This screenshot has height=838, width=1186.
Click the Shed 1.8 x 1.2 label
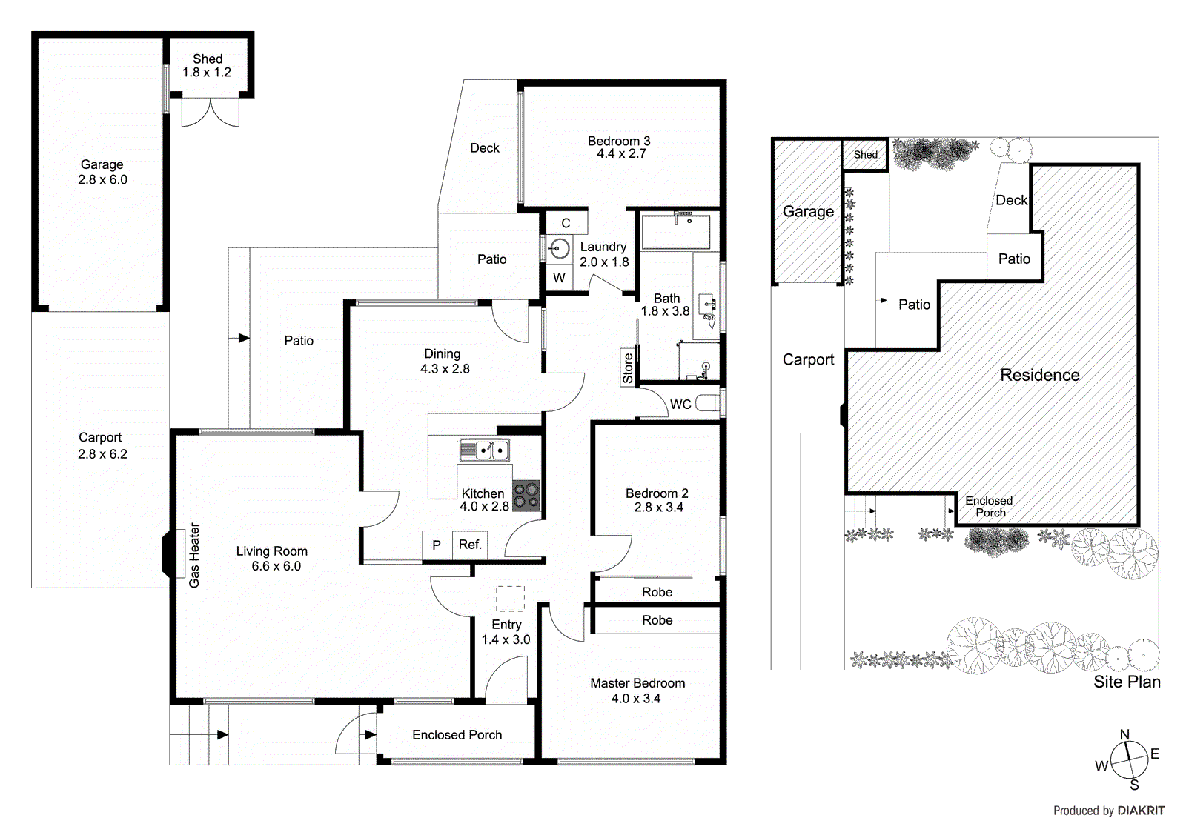pyautogui.click(x=207, y=66)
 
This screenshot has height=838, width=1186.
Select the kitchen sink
pyautogui.click(x=484, y=450)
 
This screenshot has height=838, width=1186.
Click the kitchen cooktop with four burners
pyautogui.click(x=526, y=496)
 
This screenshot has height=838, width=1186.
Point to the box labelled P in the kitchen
pyautogui.click(x=437, y=545)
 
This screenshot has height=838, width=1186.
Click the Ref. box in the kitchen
pyautogui.click(x=470, y=545)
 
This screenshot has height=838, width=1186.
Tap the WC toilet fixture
pyautogui.click(x=707, y=404)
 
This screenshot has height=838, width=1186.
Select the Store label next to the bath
pyautogui.click(x=628, y=368)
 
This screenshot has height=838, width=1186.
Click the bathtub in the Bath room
pyautogui.click(x=675, y=232)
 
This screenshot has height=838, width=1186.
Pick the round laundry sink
pyautogui.click(x=559, y=249)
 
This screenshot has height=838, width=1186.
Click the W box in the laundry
pyautogui.click(x=559, y=278)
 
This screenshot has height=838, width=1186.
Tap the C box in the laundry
pyautogui.click(x=566, y=223)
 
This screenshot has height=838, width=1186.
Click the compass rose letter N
pyautogui.click(x=1124, y=735)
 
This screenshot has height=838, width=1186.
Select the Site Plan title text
pyautogui.click(x=1127, y=682)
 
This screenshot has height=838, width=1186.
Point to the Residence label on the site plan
pyautogui.click(x=1039, y=375)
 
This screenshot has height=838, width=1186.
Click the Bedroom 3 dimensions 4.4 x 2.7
pyautogui.click(x=621, y=154)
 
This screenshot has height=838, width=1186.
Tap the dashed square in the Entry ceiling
pyautogui.click(x=510, y=599)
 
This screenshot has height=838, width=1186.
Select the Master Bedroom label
pyautogui.click(x=637, y=683)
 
